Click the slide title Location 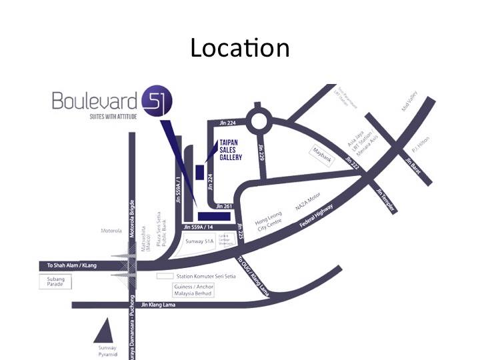point(239,48)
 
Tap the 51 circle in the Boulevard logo point(157,102)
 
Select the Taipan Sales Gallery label point(231,150)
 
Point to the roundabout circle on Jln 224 point(257,121)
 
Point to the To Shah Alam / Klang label point(71,265)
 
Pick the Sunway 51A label point(199,241)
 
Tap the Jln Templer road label point(386,201)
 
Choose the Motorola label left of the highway point(111,231)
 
